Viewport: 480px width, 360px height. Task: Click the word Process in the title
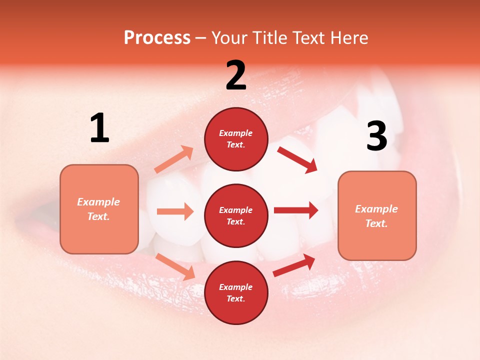tap(157, 38)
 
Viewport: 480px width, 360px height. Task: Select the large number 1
tap(99, 128)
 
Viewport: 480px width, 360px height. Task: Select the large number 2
tap(236, 75)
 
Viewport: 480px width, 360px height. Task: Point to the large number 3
tap(376, 136)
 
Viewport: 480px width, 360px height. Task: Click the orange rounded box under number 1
tap(99, 209)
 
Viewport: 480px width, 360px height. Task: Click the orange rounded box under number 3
tap(377, 215)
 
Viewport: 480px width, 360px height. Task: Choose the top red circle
tap(236, 139)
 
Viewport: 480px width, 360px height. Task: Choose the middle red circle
tap(236, 215)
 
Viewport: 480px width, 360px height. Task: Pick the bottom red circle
tap(236, 292)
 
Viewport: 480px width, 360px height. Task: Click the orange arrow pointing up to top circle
tap(174, 159)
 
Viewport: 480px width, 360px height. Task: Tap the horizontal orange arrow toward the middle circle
tap(175, 211)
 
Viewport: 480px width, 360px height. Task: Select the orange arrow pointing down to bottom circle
tap(175, 266)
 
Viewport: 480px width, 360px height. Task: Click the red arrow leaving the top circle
tap(297, 159)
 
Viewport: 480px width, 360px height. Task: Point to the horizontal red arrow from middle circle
tap(296, 210)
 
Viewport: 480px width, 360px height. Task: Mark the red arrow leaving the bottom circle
tap(294, 265)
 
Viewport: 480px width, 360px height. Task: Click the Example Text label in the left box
tap(99, 209)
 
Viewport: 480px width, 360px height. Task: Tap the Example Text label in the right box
tap(377, 215)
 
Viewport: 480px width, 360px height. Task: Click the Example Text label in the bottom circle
tap(236, 292)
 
